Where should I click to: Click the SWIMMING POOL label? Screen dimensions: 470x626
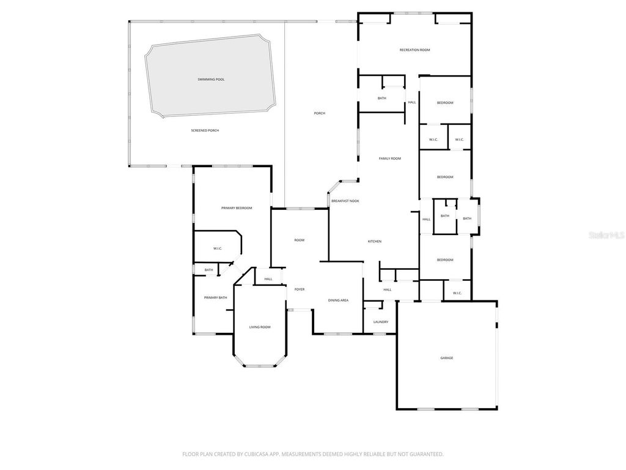point(211,79)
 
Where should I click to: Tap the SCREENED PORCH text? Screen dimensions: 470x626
point(205,130)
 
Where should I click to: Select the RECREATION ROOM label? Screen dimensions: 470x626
point(414,50)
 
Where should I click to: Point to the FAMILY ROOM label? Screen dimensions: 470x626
point(389,159)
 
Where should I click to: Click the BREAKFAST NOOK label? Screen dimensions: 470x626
point(345,201)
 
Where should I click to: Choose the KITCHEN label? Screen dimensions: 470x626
point(374,241)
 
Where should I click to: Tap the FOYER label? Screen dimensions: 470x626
point(300,289)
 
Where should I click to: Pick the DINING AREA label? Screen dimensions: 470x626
point(338,300)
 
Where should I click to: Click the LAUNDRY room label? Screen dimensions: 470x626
point(380,322)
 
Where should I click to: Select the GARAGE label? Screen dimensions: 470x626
point(447,357)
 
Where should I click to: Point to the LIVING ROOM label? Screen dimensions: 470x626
point(259,327)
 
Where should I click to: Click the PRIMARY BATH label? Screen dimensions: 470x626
point(215,297)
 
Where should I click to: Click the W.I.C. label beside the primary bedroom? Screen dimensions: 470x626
point(217,248)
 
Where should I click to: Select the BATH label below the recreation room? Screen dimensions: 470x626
point(381,99)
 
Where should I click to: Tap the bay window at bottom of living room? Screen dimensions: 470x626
point(260,366)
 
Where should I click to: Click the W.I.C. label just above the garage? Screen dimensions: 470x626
point(457,293)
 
